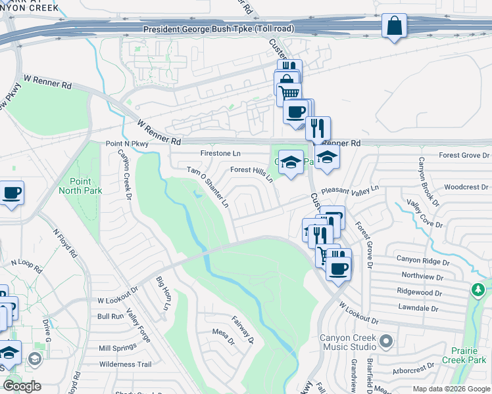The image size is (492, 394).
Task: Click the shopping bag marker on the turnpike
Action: (393, 27)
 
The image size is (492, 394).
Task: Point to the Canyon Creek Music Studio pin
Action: (386, 341)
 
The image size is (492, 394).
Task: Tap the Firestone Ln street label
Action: (221, 153)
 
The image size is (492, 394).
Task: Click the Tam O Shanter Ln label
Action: (208, 187)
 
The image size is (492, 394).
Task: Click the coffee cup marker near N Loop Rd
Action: (12, 193)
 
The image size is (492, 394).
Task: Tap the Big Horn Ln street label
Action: (162, 294)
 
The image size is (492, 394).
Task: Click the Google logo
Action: (22, 385)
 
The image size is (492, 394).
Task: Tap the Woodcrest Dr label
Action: (466, 187)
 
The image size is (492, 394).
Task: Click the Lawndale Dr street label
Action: (418, 307)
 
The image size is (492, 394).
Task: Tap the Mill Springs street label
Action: (116, 348)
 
